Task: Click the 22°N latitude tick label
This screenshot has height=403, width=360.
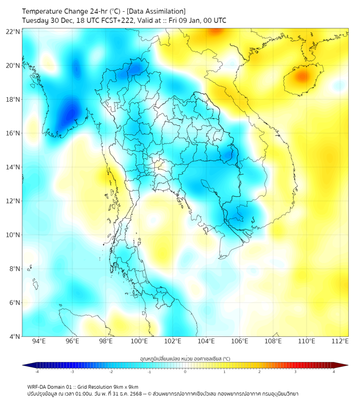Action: (13, 32)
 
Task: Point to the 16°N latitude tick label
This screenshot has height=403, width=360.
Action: (13, 133)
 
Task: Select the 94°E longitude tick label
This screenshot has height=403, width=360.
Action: (39, 341)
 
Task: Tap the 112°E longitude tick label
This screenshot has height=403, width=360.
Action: (340, 341)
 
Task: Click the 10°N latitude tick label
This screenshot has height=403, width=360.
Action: (13, 235)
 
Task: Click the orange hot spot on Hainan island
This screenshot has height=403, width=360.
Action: (302, 77)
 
